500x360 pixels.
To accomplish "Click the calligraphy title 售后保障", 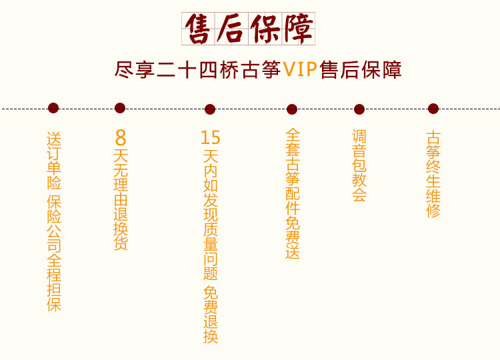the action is click(x=249, y=29).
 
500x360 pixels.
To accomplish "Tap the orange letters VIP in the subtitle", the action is click(x=299, y=69).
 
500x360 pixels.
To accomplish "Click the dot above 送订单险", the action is click(x=53, y=108).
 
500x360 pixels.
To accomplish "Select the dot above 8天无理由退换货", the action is click(x=120, y=108).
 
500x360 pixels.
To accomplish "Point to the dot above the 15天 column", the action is click(x=210, y=109).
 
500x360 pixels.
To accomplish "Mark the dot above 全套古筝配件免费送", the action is click(x=292, y=109).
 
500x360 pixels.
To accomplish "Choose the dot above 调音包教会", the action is click(x=359, y=109).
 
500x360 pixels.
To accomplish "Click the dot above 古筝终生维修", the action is click(x=433, y=109).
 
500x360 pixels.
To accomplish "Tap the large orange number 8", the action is click(x=121, y=138).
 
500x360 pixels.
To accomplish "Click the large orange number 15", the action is click(x=210, y=138).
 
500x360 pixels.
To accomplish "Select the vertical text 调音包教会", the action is click(x=359, y=166).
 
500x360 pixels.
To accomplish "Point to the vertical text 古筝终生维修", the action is click(x=433, y=174).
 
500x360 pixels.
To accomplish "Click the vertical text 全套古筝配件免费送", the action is click(x=293, y=193).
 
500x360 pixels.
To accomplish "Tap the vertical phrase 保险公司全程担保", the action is click(x=54, y=254).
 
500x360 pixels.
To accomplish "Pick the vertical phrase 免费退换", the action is click(x=210, y=315).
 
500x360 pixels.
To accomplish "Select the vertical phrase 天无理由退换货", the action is click(x=121, y=199).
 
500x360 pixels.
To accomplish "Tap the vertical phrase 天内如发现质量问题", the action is click(x=210, y=215).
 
